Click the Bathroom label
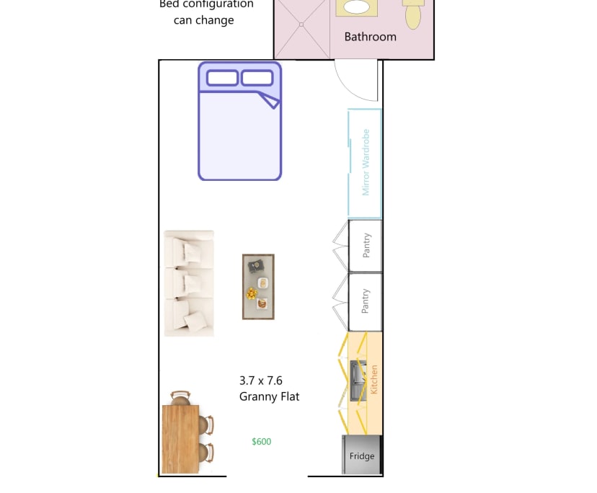tap(370, 37)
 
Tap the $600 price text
tap(261, 442)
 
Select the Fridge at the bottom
tap(362, 455)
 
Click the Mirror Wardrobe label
tap(366, 163)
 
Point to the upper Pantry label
tap(366, 246)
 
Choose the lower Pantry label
tap(366, 301)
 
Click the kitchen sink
tap(357, 381)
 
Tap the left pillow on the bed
tap(222, 78)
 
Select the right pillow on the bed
tap(257, 78)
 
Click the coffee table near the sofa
tap(258, 286)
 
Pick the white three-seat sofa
tap(189, 283)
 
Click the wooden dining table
tap(180, 439)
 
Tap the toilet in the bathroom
tap(412, 13)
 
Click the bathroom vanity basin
tap(355, 8)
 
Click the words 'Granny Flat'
tap(269, 396)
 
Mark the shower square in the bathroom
tap(301, 29)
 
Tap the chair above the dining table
tap(180, 397)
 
